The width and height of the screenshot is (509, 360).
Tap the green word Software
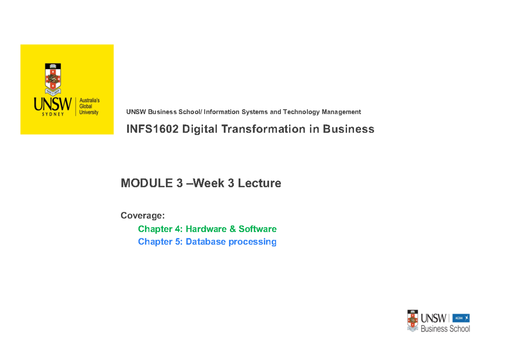[257, 229]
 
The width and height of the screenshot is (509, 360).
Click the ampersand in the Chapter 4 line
[233, 229]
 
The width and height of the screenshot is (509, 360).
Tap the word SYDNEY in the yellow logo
[53, 114]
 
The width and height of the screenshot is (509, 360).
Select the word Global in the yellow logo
[86, 106]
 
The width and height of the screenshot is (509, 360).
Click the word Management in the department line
[341, 112]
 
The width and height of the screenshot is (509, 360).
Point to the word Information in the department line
[222, 112]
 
